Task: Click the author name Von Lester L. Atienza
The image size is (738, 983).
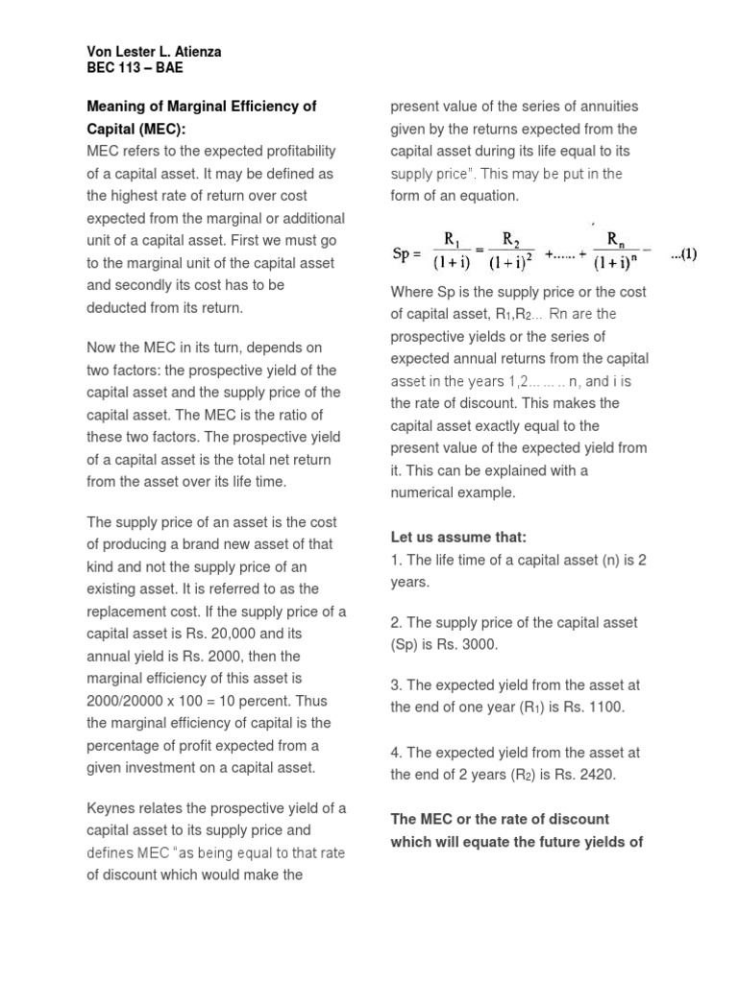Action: (154, 52)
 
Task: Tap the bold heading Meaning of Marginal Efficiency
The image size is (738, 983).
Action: (201, 107)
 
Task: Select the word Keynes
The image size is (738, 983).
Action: (112, 807)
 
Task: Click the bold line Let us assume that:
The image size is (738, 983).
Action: (458, 537)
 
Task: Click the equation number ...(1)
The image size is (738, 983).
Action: (683, 254)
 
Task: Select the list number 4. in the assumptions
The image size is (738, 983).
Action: (396, 753)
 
